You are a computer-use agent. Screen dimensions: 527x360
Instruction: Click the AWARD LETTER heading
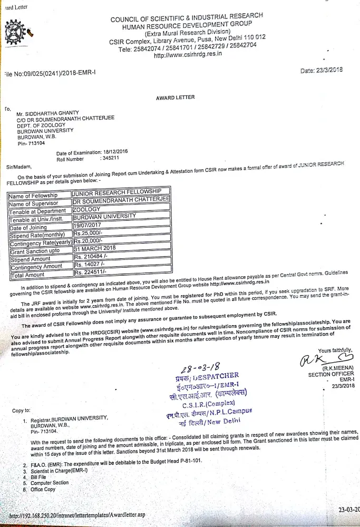[x=175, y=97]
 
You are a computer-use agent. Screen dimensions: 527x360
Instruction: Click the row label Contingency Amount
[x=36, y=267]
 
